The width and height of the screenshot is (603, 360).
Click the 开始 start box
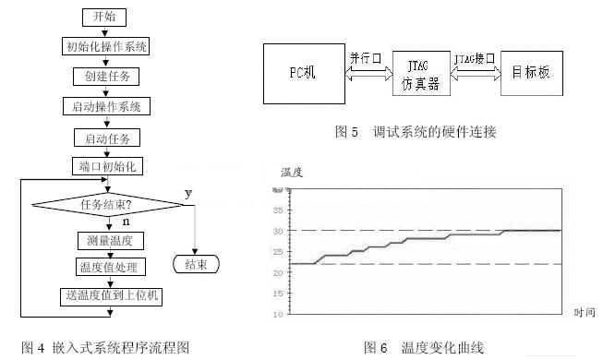(x=104, y=16)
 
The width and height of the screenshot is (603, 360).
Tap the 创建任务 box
(x=105, y=77)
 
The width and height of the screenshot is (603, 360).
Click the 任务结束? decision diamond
(x=104, y=204)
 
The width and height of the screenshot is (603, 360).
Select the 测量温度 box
(x=105, y=240)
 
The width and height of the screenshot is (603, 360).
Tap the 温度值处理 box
(x=105, y=267)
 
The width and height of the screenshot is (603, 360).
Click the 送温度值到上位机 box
(x=105, y=295)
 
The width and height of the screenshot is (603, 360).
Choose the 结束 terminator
(x=197, y=265)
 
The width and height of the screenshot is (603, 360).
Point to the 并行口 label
(x=363, y=57)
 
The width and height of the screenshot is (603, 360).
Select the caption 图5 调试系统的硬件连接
(x=415, y=132)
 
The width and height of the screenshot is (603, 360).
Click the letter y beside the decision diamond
(x=188, y=193)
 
